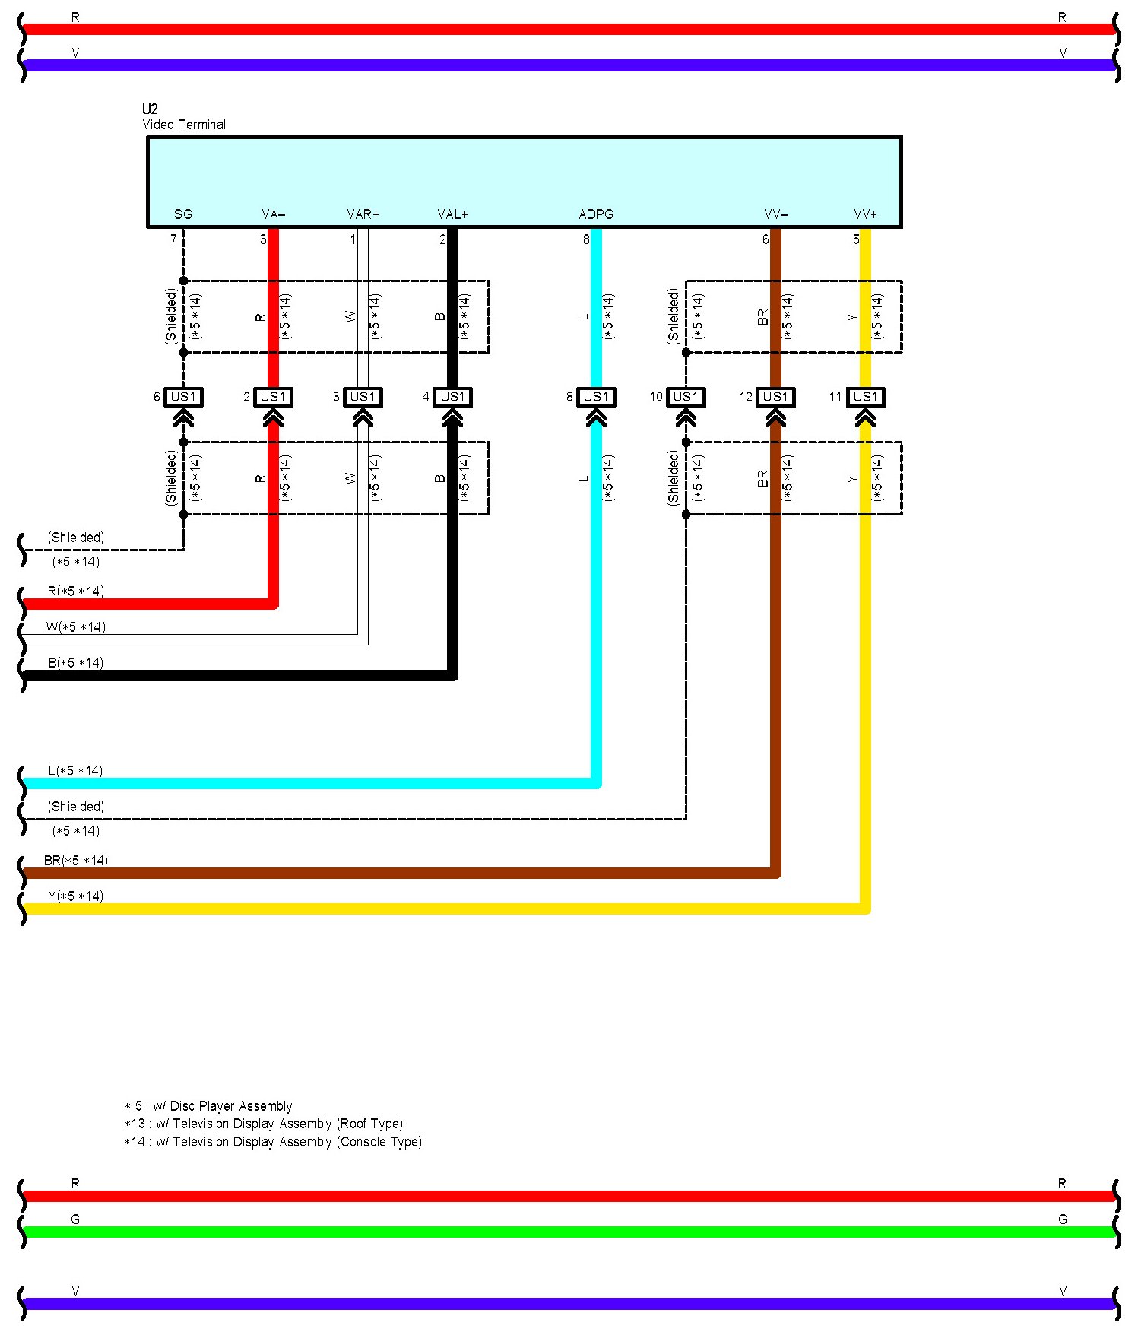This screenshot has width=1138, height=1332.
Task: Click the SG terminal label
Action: [183, 214]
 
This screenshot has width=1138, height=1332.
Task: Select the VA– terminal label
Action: [273, 214]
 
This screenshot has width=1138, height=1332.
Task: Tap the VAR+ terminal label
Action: [363, 214]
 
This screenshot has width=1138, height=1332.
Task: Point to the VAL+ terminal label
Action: [452, 214]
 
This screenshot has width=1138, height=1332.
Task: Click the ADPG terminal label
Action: [596, 214]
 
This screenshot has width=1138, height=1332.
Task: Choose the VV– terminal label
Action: [775, 214]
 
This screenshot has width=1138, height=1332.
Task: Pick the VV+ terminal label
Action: [865, 214]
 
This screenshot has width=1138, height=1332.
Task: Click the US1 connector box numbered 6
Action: [183, 397]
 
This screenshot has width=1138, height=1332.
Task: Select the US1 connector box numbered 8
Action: [596, 397]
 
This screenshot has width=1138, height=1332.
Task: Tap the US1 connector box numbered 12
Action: [775, 397]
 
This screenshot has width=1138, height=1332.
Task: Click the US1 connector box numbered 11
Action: [865, 397]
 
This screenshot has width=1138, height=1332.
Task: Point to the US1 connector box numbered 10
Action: [686, 397]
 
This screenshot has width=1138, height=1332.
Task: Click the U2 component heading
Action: [150, 109]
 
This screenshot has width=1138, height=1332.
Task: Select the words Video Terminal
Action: [184, 125]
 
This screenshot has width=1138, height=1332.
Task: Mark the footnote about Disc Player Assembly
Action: [208, 1106]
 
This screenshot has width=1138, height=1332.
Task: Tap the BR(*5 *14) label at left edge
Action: [76, 861]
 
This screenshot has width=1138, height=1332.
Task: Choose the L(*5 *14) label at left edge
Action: [75, 771]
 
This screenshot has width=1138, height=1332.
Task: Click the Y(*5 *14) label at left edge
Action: [75, 896]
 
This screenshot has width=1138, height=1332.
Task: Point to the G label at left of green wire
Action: [75, 1219]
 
